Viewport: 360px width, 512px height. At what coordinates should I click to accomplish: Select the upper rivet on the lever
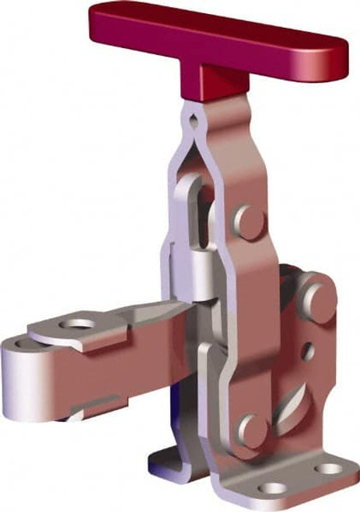(x=248, y=215)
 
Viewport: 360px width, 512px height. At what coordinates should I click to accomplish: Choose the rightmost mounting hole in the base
(x=330, y=469)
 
